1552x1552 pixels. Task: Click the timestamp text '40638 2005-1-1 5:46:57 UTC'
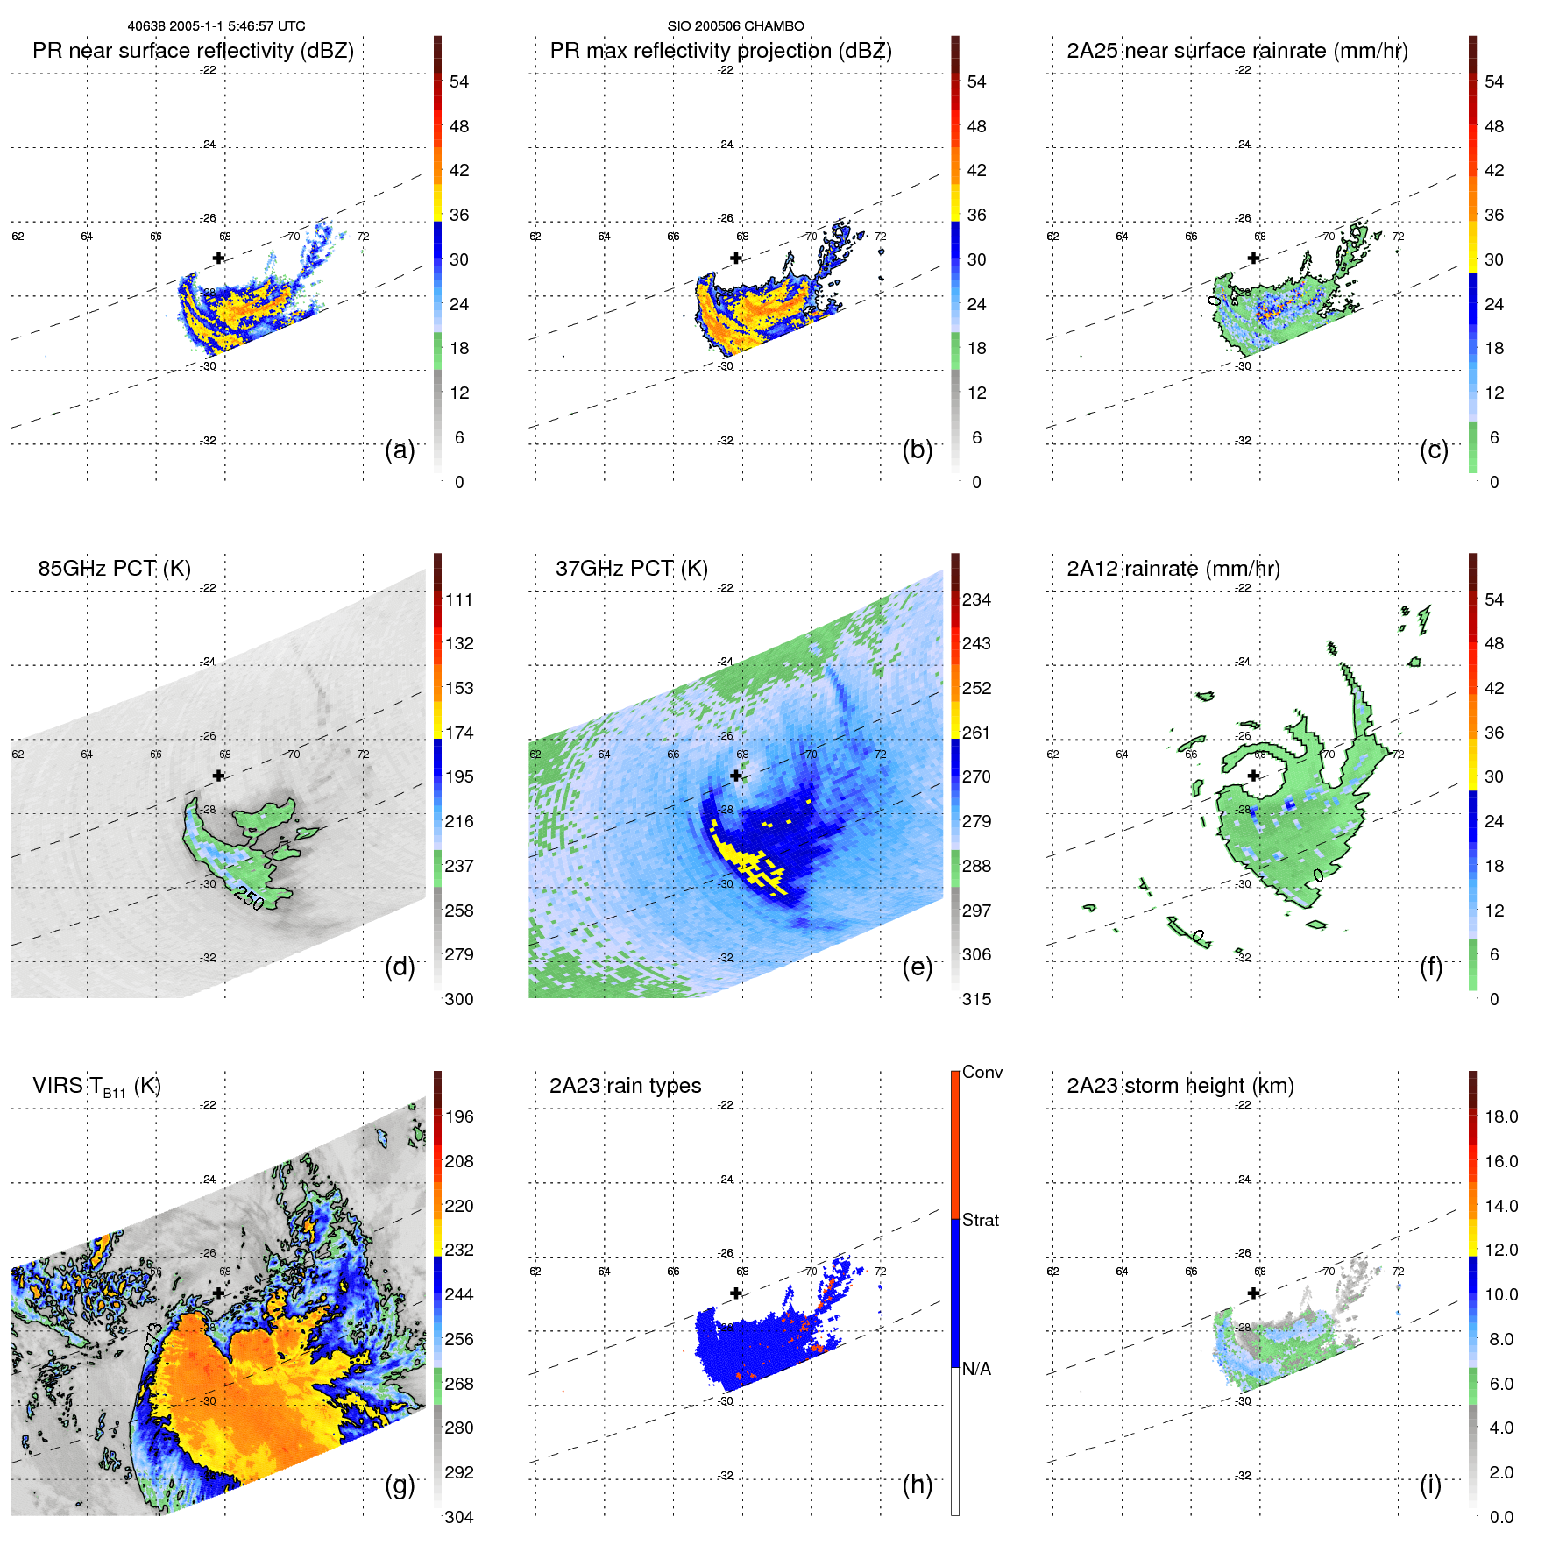pos(216,26)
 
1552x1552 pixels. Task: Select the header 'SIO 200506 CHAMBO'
pos(735,26)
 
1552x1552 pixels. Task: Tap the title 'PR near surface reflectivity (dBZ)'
pos(193,51)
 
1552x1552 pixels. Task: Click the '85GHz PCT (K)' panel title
pos(114,569)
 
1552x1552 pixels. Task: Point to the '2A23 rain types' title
pos(625,1086)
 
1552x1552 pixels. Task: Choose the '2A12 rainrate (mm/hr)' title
pos(1173,569)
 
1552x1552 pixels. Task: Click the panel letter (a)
pos(400,450)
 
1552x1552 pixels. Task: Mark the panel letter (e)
pos(917,967)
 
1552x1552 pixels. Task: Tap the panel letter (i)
pos(1430,1485)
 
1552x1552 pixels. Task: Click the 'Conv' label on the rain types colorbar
pos(982,1072)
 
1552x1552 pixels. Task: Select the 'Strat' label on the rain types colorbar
pos(980,1220)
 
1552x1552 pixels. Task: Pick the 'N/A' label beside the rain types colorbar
pos(976,1369)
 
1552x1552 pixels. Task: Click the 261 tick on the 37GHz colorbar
pos(976,733)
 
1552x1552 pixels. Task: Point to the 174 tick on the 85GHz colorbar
pos(459,733)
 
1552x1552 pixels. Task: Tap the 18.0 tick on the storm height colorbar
pos(1500,1116)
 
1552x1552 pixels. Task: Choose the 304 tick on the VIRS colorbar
pos(459,1517)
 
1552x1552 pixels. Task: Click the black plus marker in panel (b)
pos(736,258)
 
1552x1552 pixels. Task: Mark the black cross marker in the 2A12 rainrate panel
pos(1253,776)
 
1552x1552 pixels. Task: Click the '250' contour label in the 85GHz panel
pos(249,899)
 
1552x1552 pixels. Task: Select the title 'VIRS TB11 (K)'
pos(96,1087)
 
